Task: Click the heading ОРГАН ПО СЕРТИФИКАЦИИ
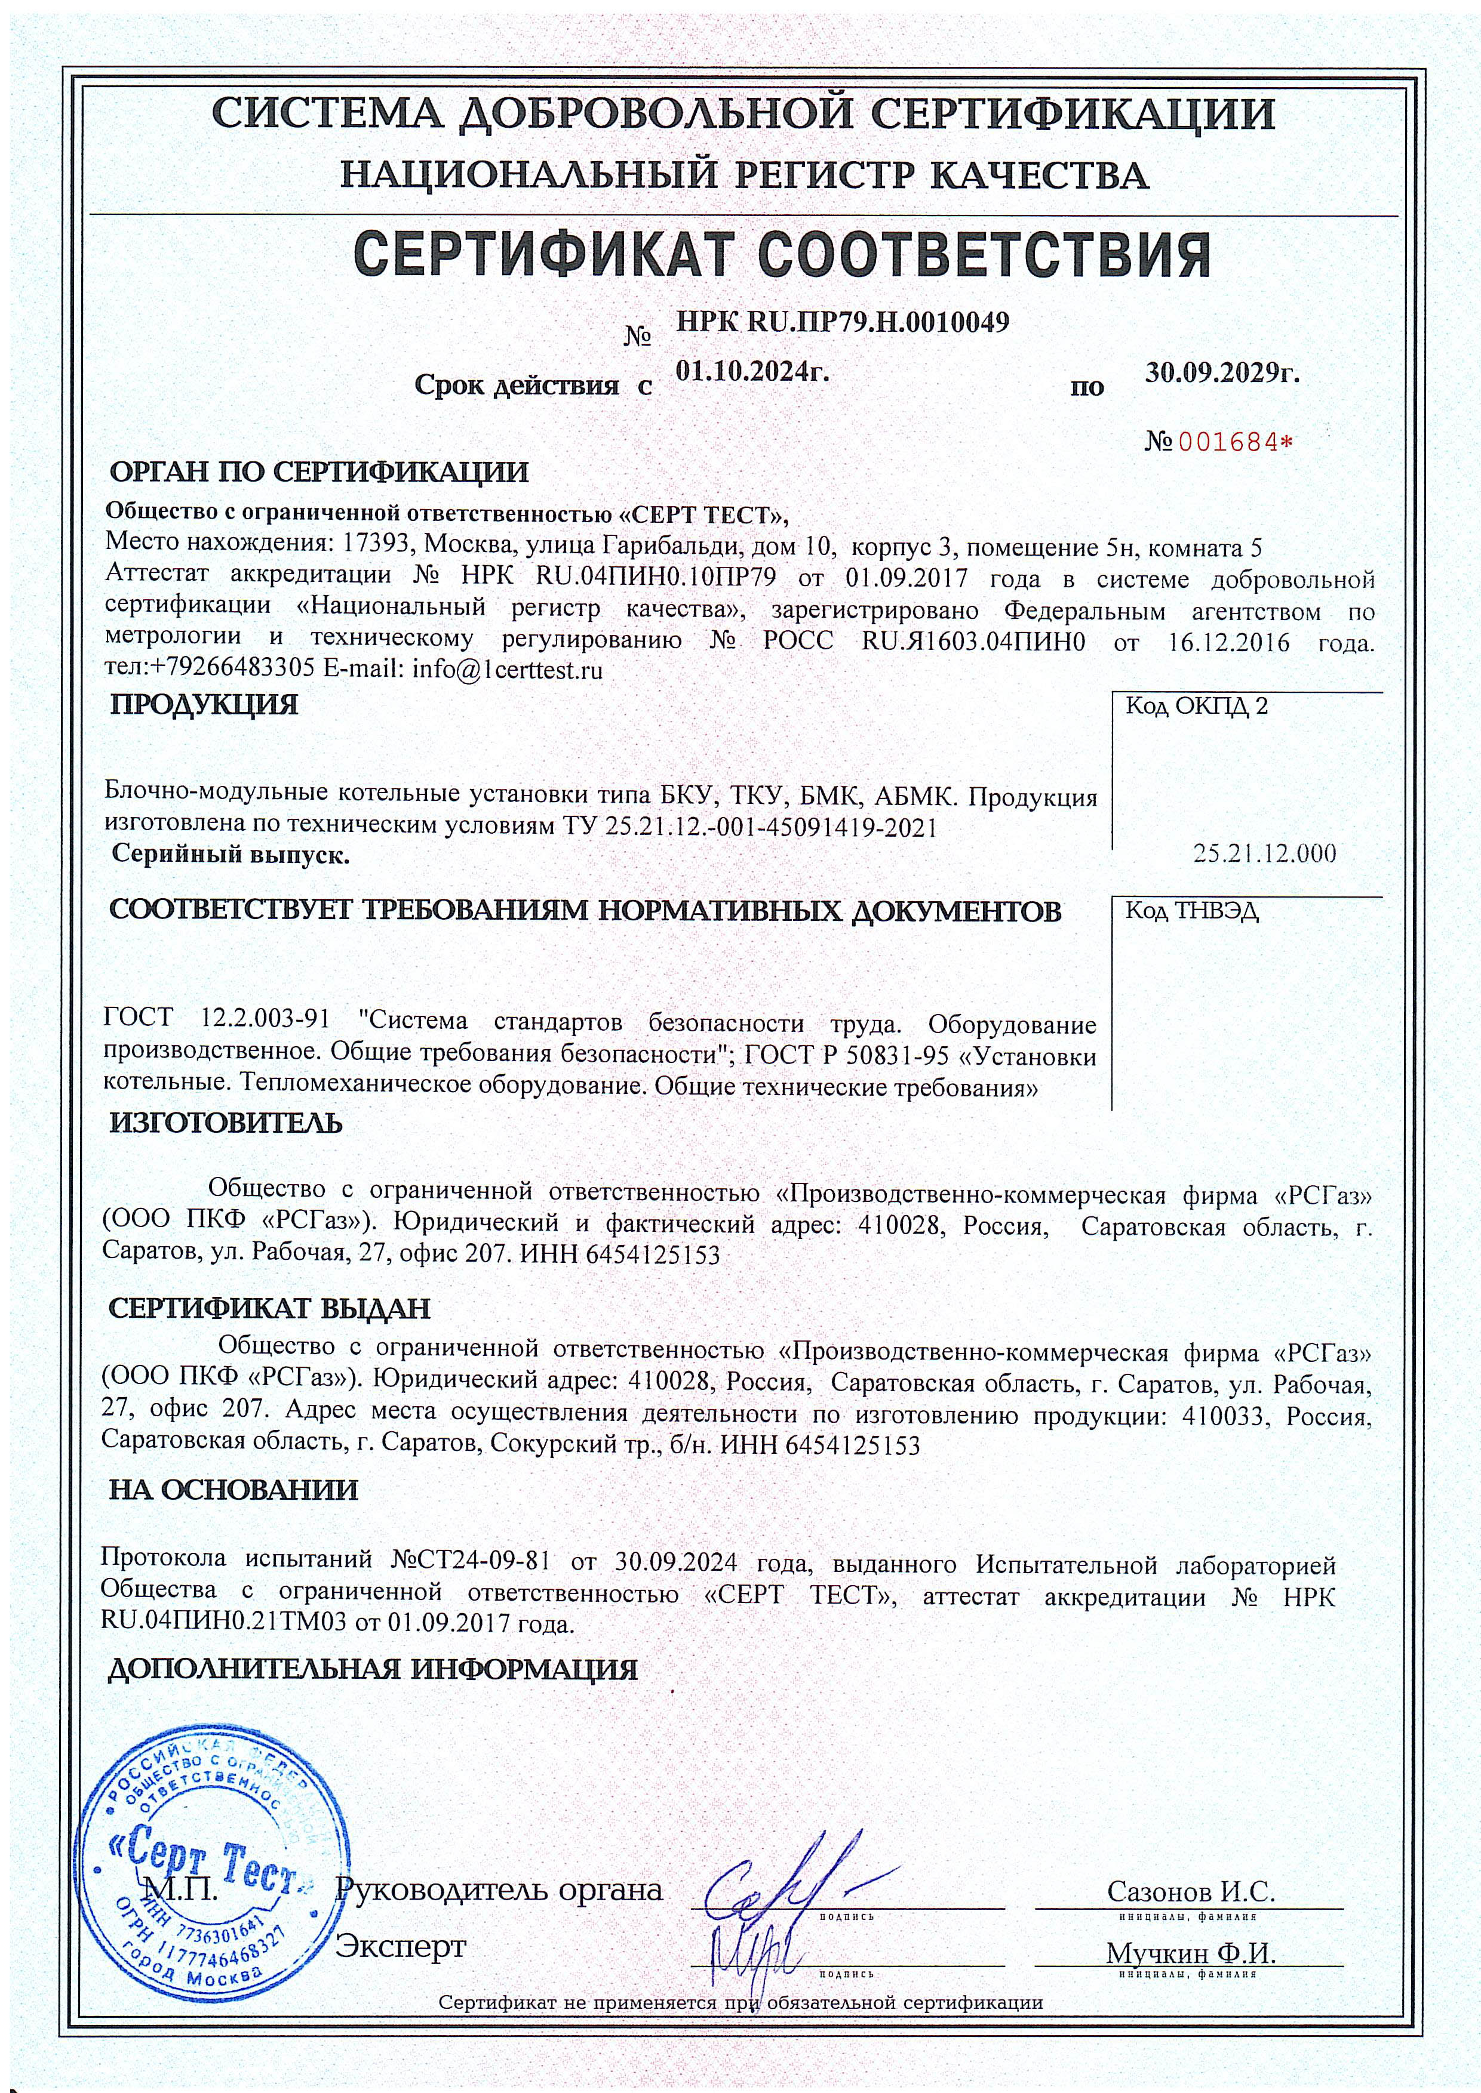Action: (318, 472)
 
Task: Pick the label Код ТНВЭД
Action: (1192, 911)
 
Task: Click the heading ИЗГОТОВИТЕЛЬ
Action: (226, 1123)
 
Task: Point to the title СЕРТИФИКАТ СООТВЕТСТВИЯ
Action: (782, 255)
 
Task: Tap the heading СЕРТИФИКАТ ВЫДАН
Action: (269, 1308)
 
